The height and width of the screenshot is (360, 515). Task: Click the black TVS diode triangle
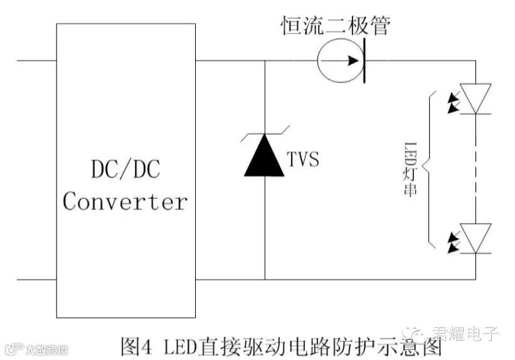point(265,156)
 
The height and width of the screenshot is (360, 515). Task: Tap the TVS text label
point(302,159)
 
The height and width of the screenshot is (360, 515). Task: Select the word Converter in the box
point(125,201)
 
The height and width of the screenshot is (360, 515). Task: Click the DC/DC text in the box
point(125,169)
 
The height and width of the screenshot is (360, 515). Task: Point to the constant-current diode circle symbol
point(339,61)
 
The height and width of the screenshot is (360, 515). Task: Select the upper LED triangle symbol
point(475,98)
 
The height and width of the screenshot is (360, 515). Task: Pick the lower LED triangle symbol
point(475,238)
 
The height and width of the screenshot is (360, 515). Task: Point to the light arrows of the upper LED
point(454,102)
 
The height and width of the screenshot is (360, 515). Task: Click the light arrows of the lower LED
point(454,242)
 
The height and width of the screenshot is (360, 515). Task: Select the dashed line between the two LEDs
point(476,168)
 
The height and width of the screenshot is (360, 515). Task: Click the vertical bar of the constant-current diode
point(364,61)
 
